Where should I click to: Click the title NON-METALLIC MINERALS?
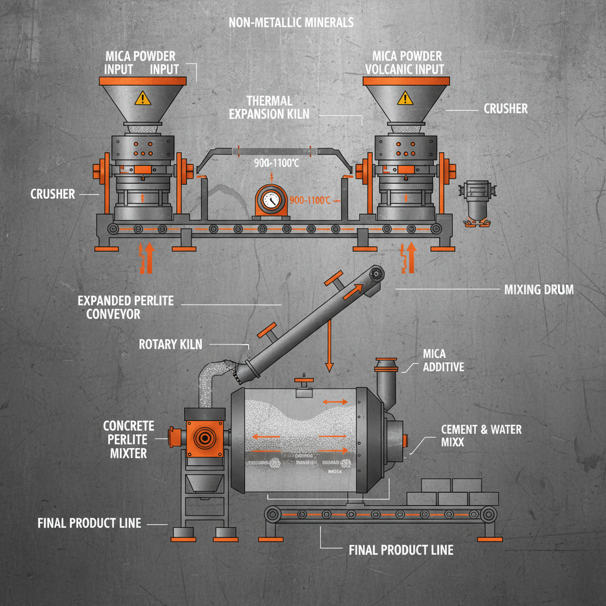coord(291,22)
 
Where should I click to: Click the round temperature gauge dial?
coord(270,201)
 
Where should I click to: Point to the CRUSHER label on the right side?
coord(505,109)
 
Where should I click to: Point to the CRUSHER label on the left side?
coord(53,194)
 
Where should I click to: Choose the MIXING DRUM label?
coord(539,290)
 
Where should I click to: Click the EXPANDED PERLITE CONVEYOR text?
coord(125,307)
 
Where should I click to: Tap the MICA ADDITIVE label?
coord(443,360)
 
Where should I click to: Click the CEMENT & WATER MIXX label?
coord(481,435)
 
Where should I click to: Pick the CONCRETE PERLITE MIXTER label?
coord(128,440)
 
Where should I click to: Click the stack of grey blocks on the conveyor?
coord(453,492)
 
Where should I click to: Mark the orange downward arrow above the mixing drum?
coord(327,354)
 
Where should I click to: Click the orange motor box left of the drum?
coord(205,439)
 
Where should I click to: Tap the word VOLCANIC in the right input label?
coord(391,69)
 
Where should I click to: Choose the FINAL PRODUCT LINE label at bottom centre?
coord(401,550)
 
